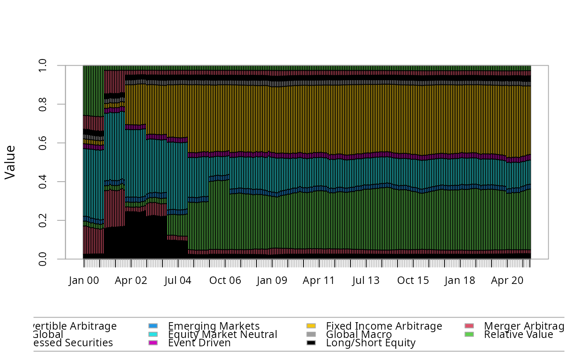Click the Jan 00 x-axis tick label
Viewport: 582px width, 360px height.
coord(84,281)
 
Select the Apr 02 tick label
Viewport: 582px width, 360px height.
coord(131,281)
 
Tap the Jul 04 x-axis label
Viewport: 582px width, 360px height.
coord(178,281)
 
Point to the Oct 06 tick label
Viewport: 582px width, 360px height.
coord(225,281)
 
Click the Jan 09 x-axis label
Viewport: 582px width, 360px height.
coord(272,281)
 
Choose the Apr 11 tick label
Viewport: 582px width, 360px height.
coord(319,281)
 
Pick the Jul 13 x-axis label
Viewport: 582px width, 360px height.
coord(366,281)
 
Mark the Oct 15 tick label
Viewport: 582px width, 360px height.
coord(413,281)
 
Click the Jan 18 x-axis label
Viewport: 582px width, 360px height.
coord(460,281)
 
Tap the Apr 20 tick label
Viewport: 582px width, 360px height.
coord(507,281)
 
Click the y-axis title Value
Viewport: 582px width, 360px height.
coord(10,162)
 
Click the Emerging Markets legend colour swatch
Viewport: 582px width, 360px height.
coord(153,326)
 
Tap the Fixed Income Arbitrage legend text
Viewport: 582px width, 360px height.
coord(384,326)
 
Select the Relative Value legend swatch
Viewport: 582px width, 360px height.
coord(469,334)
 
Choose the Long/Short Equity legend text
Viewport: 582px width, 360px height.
coord(371,343)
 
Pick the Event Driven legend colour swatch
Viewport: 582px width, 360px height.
coord(153,343)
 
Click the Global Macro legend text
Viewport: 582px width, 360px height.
coord(359,334)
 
